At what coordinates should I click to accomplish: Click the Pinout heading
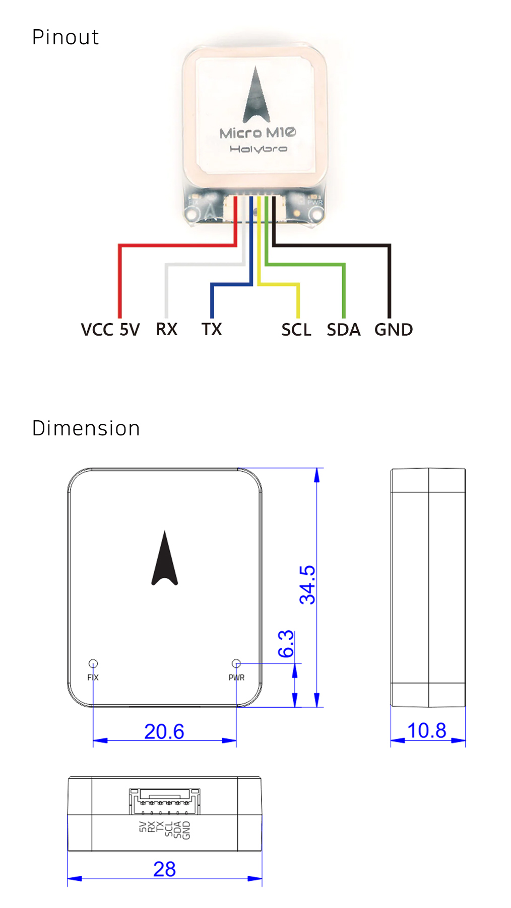[x=65, y=37]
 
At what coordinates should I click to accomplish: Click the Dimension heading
[x=86, y=428]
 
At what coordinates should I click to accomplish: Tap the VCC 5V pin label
[x=110, y=330]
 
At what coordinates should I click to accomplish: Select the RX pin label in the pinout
[x=166, y=330]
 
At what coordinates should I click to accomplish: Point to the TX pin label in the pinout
[x=212, y=330]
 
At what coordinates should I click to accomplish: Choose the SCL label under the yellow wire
[x=296, y=330]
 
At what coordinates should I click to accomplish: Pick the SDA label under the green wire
[x=344, y=330]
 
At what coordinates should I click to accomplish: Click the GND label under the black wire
[x=394, y=330]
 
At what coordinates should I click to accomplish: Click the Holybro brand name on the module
[x=258, y=149]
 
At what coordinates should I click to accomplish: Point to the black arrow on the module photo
[x=256, y=97]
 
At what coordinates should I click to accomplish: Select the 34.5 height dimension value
[x=307, y=584]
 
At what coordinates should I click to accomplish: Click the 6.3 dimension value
[x=286, y=644]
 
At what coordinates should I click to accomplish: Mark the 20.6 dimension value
[x=164, y=731]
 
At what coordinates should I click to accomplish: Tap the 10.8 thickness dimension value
[x=427, y=730]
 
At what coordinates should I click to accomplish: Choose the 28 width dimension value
[x=165, y=869]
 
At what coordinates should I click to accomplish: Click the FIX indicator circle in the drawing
[x=93, y=663]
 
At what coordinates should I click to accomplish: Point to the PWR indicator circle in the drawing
[x=236, y=663]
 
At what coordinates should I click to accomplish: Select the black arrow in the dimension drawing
[x=164, y=560]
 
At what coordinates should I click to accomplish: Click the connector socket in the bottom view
[x=165, y=801]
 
